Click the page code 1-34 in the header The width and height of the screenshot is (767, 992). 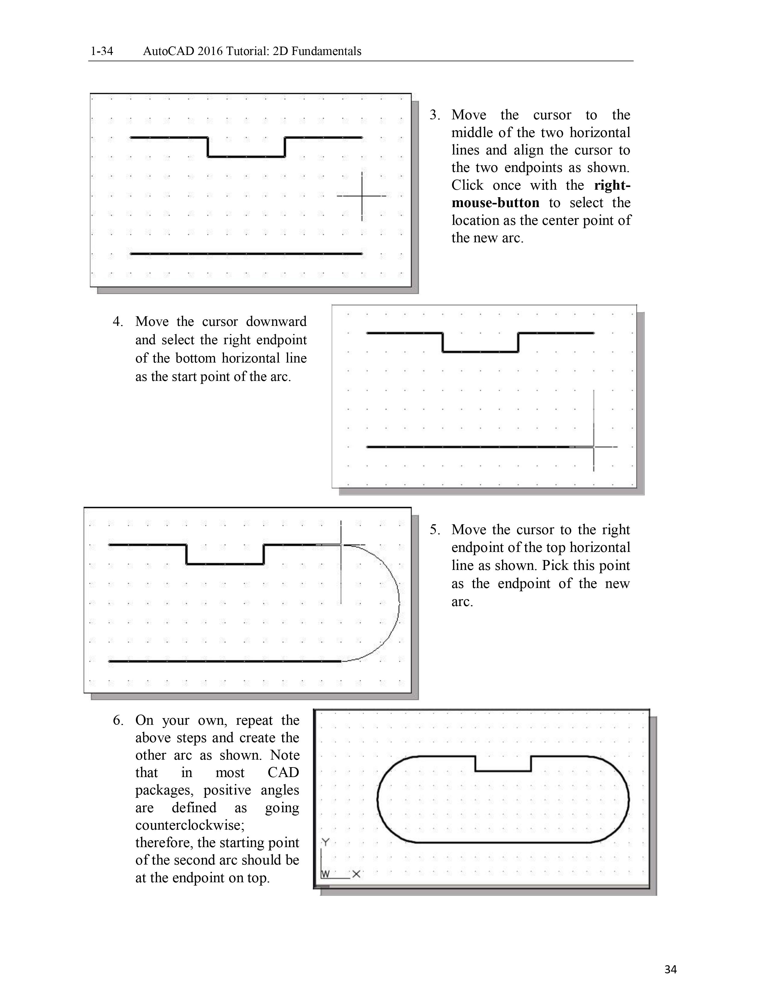[x=102, y=51]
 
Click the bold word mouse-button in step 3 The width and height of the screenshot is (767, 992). [x=495, y=203]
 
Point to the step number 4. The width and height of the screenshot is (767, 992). [x=118, y=322]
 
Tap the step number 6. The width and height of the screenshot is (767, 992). [x=118, y=720]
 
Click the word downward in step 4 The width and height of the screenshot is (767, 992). [x=276, y=322]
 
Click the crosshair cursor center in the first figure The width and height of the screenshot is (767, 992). [x=362, y=196]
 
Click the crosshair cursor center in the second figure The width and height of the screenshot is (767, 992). [x=593, y=447]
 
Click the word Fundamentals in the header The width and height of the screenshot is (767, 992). [x=326, y=51]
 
